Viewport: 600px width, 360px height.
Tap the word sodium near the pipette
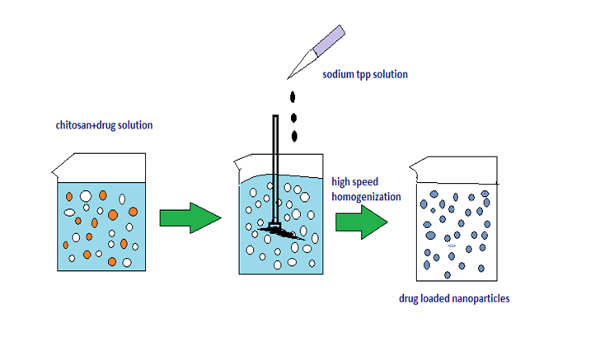pyautogui.click(x=340, y=75)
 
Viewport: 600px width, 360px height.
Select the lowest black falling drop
pyautogui.click(x=295, y=135)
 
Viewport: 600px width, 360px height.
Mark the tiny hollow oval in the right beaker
pyautogui.click(x=451, y=246)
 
